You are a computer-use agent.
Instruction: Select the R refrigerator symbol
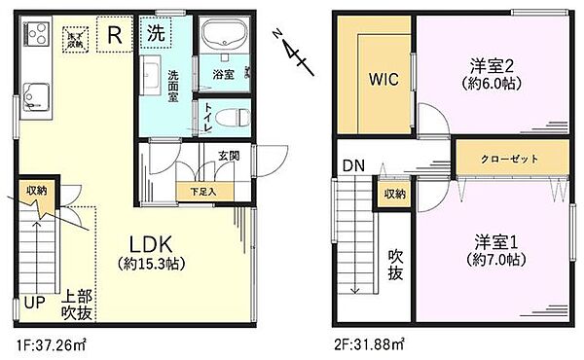click(x=114, y=36)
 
